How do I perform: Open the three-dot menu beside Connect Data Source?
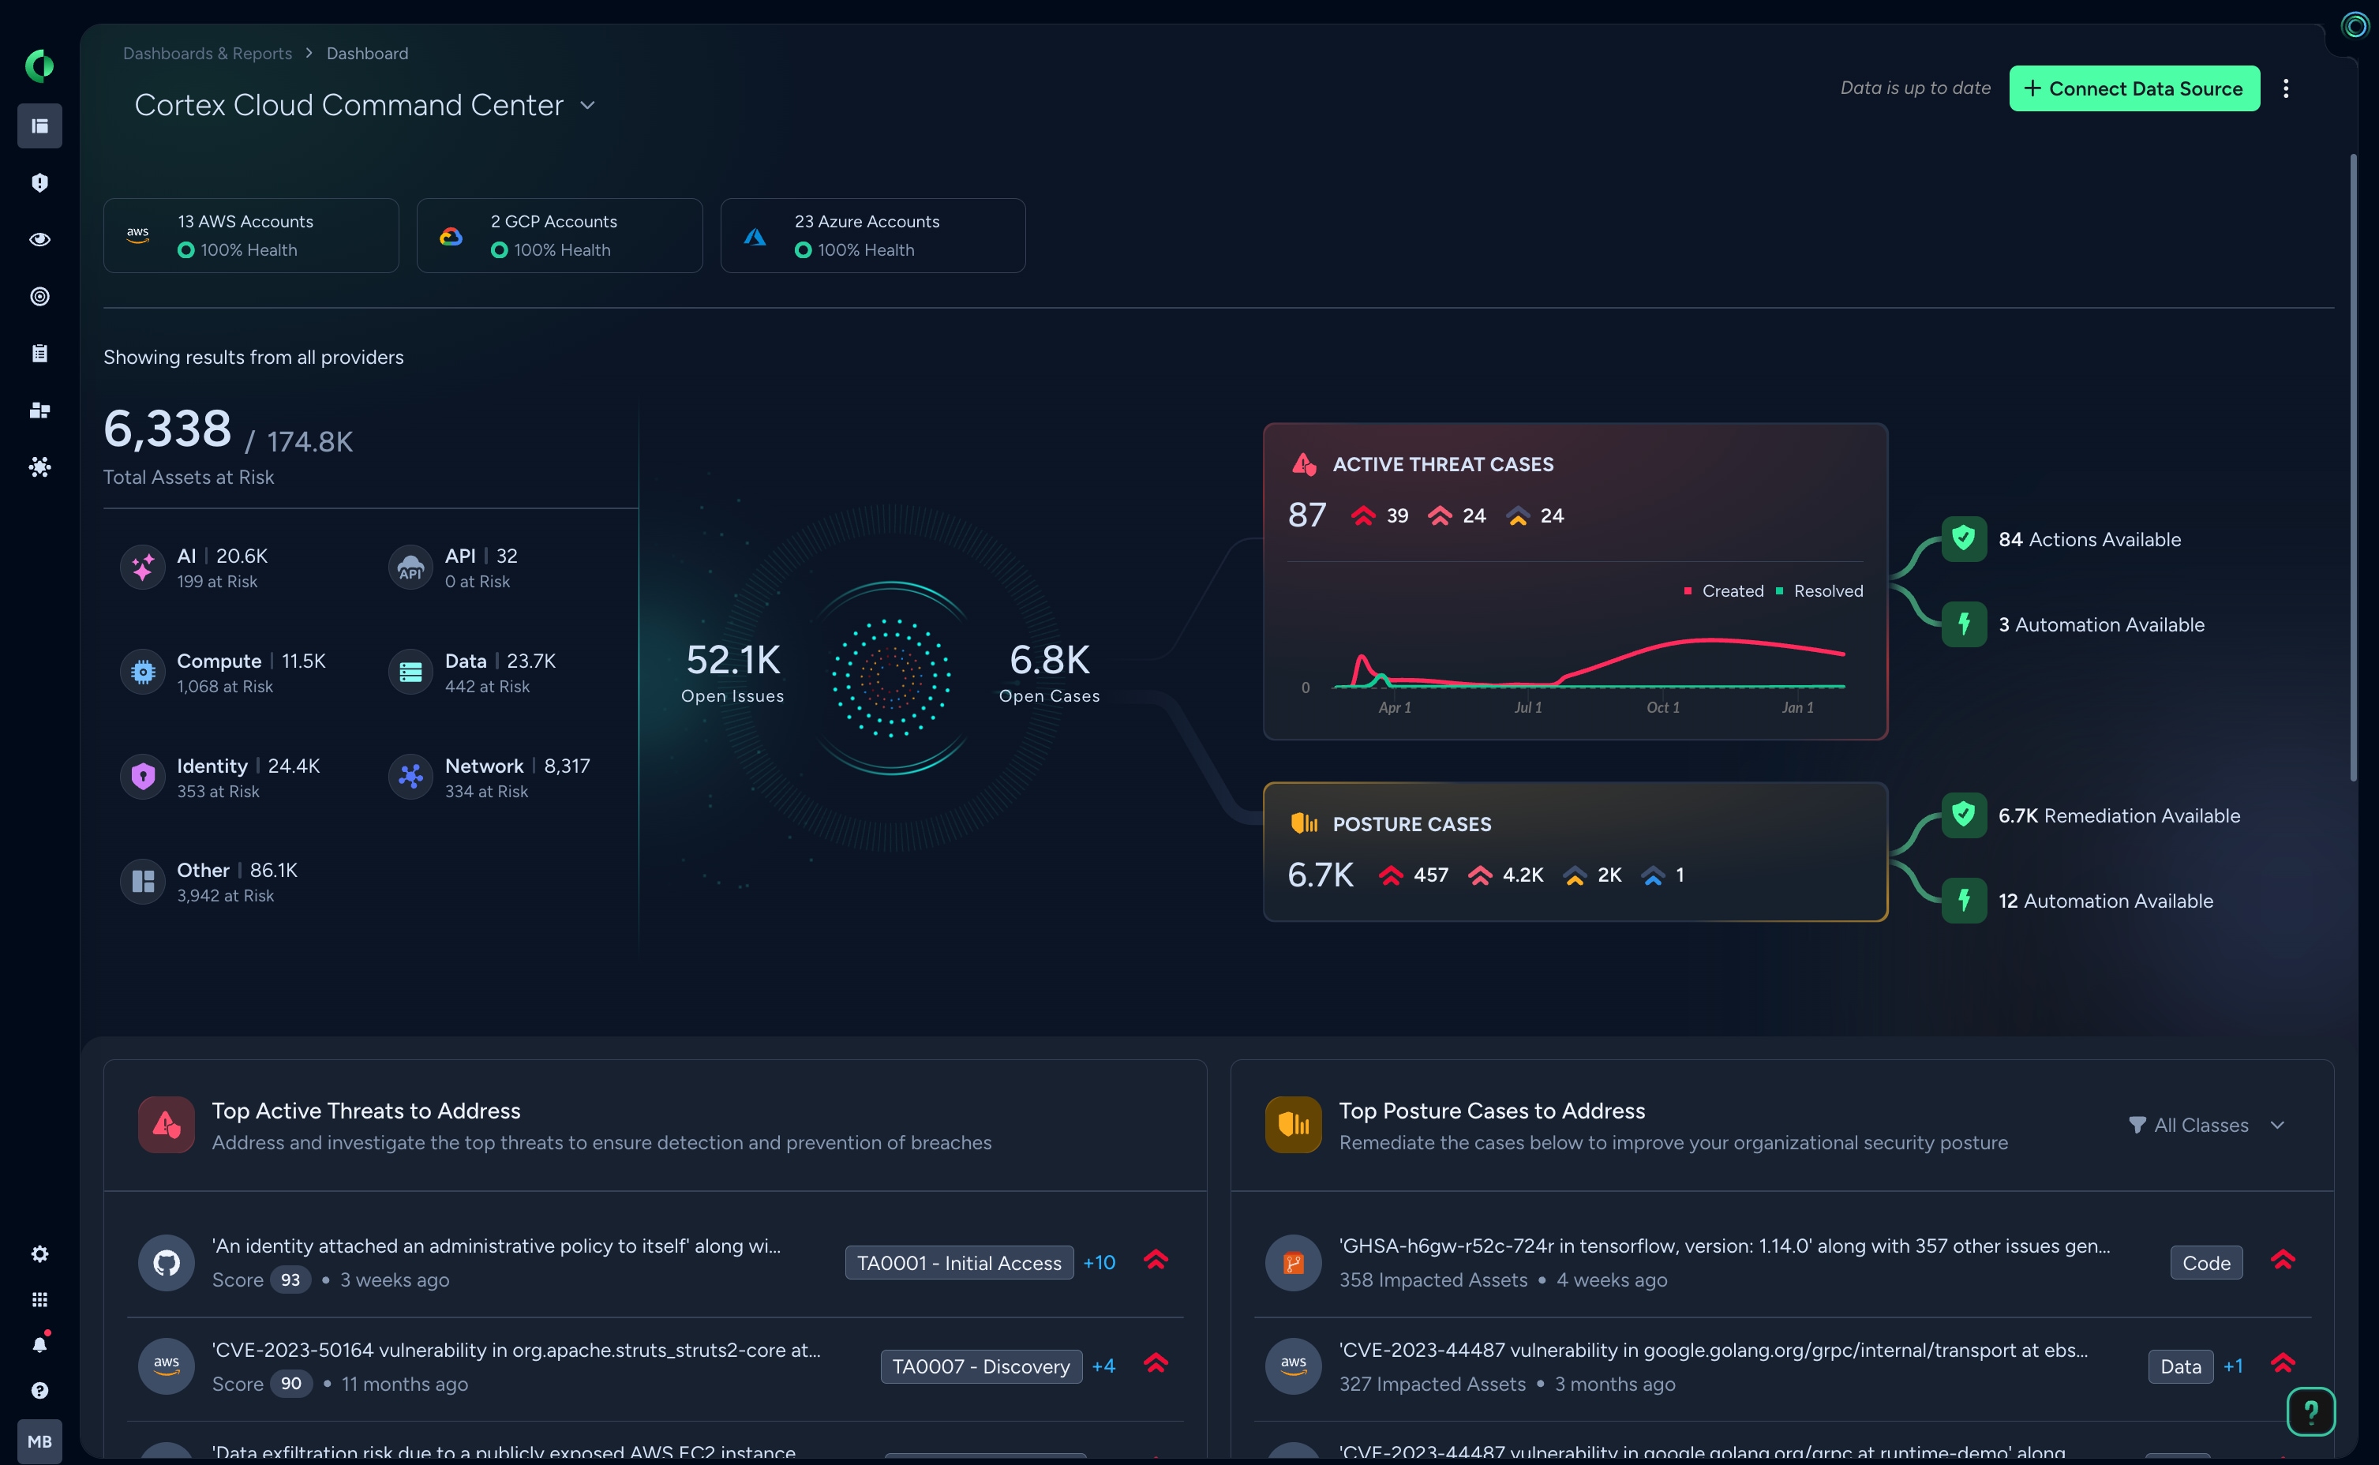pyautogui.click(x=2286, y=88)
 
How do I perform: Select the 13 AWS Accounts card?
pyautogui.click(x=251, y=235)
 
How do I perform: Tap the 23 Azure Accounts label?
pyautogui.click(x=866, y=222)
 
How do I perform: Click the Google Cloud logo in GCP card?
pyautogui.click(x=451, y=237)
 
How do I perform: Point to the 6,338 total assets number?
pyautogui.click(x=167, y=429)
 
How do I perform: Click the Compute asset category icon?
pyautogui.click(x=142, y=672)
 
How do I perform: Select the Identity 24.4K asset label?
pyautogui.click(x=248, y=766)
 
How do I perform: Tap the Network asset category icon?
pyautogui.click(x=410, y=776)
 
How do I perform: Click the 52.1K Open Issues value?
pyautogui.click(x=732, y=661)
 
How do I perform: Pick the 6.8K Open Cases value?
pyautogui.click(x=1049, y=661)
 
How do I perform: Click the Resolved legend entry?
pyautogui.click(x=1826, y=591)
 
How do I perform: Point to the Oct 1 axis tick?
pyautogui.click(x=1662, y=707)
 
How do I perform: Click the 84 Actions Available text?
pyautogui.click(x=2089, y=540)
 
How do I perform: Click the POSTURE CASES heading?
pyautogui.click(x=1411, y=825)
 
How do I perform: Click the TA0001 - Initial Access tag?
pyautogui.click(x=958, y=1262)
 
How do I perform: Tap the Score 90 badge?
pyautogui.click(x=290, y=1384)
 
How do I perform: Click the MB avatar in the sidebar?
pyautogui.click(x=39, y=1441)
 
